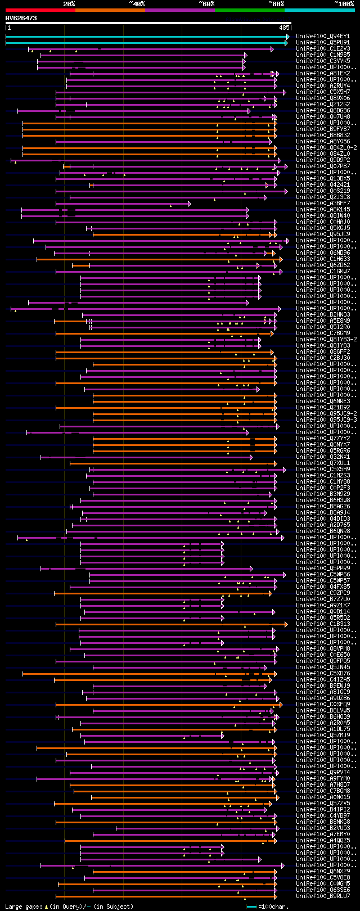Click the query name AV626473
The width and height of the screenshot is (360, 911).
pos(21,18)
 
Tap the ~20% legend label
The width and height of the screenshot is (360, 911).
pos(69,4)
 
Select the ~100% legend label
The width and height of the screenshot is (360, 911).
pos(344,4)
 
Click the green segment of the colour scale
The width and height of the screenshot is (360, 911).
pos(249,10)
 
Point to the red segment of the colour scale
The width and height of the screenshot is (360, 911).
pos(40,10)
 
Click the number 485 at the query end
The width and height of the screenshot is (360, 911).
pos(283,27)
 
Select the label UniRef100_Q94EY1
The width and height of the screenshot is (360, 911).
pos(323,37)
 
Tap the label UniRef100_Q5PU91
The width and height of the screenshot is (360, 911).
pos(323,43)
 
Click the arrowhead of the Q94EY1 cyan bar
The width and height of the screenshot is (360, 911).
pos(288,37)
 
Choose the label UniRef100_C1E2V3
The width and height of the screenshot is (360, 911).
pos(323,49)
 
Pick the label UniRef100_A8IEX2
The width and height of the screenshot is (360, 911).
pos(323,74)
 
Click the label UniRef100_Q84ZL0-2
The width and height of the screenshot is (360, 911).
pos(326,148)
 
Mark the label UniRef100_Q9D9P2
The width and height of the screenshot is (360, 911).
pos(323,160)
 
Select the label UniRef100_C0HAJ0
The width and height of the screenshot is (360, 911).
pos(323,222)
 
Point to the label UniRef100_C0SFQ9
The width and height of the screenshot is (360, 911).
pos(323,705)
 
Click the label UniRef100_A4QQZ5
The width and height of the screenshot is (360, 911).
pos(323,841)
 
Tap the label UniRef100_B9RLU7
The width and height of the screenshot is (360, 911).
pos(323,896)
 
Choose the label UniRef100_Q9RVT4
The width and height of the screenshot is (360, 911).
pos(323,773)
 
